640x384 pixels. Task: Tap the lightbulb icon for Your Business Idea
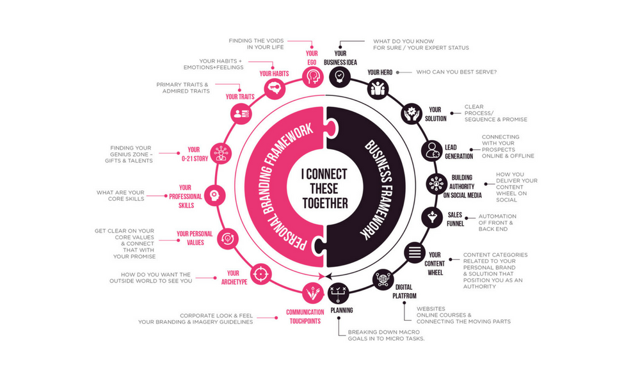coord(340,77)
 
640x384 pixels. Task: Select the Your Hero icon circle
coord(378,89)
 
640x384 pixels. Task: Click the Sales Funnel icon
coord(432,218)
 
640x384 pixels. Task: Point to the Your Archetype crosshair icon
coord(260,274)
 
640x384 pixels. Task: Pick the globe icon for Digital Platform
coord(383,280)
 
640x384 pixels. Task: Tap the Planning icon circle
coord(339,293)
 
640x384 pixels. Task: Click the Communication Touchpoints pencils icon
coord(313,293)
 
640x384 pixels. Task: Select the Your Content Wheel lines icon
coord(415,252)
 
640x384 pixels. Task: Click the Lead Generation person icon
coord(432,150)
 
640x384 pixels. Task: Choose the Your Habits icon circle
coord(275,88)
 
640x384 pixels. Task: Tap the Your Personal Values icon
coord(227,239)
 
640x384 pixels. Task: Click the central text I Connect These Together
coord(325,189)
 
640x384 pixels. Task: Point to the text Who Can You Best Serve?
coord(456,72)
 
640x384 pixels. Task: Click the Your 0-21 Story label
coord(195,154)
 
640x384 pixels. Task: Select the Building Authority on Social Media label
coord(463,186)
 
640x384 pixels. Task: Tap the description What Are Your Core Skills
coord(120,195)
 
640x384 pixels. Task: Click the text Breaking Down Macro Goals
coord(386,335)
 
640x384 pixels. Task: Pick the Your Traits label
coord(240,97)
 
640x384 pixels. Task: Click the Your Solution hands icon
coord(412,114)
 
